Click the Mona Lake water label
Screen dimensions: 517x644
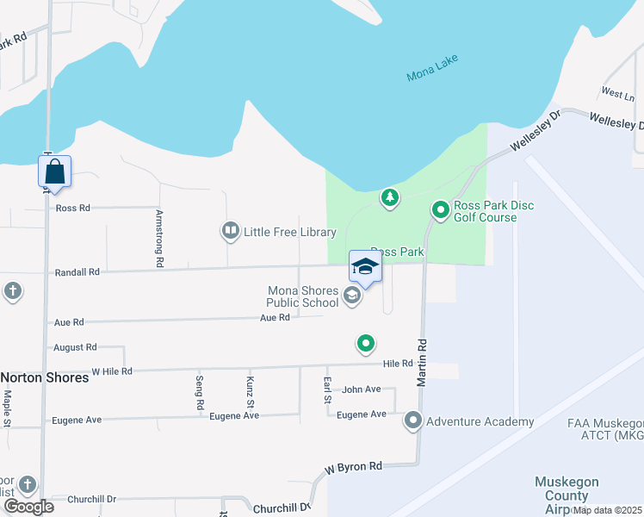[x=433, y=69]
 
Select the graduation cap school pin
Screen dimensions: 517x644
[x=365, y=267]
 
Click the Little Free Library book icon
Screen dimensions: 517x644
[x=230, y=231]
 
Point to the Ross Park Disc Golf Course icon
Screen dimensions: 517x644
[x=440, y=209]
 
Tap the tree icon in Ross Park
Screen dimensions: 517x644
[x=390, y=199]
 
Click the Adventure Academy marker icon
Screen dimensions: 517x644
[x=413, y=421]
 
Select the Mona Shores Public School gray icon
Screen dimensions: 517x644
[x=351, y=296]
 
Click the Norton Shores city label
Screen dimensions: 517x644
[x=45, y=377]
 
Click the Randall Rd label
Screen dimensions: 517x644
[x=77, y=271]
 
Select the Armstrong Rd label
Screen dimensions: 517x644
[x=159, y=236]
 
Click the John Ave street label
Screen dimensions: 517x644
[x=361, y=389]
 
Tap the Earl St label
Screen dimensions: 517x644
[x=328, y=389]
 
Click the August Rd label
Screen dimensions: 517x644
[x=75, y=347]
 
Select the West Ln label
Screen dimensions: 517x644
[x=617, y=92]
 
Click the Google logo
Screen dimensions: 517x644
[x=28, y=506]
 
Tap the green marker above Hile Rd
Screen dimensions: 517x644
[x=366, y=345]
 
